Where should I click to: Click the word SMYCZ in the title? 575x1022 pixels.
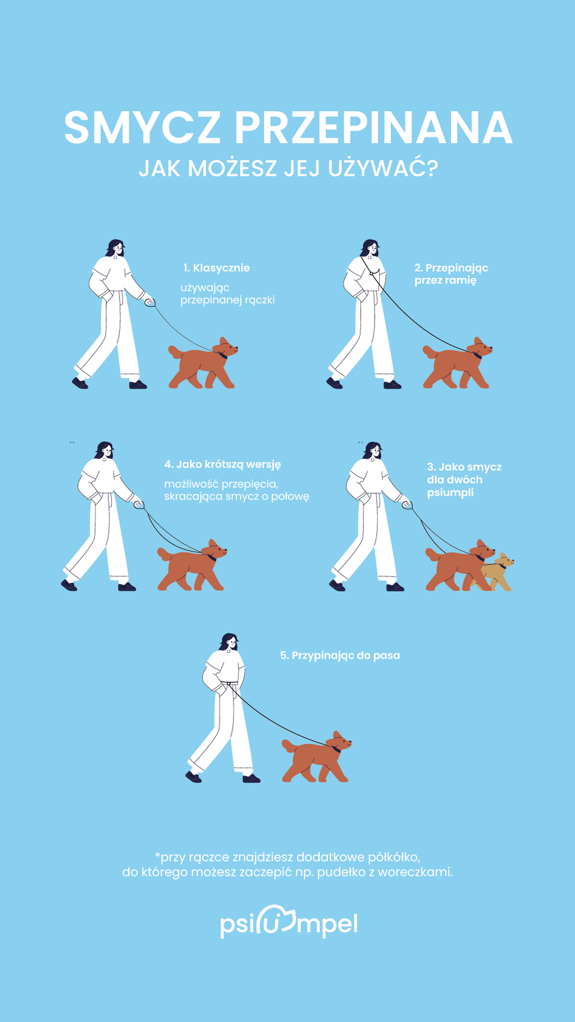143,127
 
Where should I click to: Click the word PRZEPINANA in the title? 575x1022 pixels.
373,127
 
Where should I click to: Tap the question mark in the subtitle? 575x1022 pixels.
432,168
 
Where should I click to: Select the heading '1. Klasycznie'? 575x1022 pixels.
216,268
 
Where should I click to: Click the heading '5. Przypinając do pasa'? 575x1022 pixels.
340,655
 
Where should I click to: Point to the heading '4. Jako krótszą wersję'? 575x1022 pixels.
222,464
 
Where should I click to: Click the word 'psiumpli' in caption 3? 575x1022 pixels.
450,492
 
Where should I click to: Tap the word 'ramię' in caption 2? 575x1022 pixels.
461,280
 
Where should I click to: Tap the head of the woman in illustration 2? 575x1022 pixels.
370,248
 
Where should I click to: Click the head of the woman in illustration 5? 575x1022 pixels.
229,642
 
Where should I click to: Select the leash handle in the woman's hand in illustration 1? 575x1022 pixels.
150,302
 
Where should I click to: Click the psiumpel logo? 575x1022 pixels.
289,921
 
